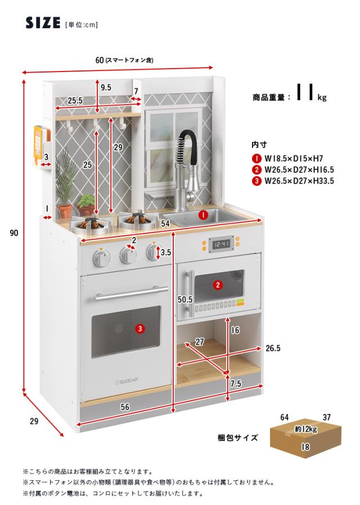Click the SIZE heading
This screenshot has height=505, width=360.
(x=43, y=23)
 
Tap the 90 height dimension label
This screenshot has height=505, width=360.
(x=14, y=233)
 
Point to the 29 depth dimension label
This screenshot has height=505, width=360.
(x=34, y=421)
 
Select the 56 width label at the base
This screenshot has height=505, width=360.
(x=125, y=407)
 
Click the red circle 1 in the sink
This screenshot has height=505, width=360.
(x=203, y=215)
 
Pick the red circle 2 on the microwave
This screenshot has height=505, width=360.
(x=218, y=285)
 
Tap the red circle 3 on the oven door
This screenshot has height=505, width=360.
(x=139, y=329)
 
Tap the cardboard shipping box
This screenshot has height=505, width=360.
(x=305, y=439)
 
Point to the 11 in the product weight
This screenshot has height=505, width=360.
(x=305, y=92)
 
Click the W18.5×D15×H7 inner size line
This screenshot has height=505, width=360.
(x=294, y=158)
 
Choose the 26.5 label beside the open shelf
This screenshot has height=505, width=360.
(x=273, y=348)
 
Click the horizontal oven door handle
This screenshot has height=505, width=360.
(x=132, y=293)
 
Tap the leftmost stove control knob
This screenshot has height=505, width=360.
(x=101, y=257)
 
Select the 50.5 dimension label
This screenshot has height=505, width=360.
(x=185, y=300)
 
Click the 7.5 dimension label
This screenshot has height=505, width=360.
(x=236, y=383)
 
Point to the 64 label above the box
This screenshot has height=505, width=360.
(x=285, y=417)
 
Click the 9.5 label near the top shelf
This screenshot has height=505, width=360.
(x=106, y=87)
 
